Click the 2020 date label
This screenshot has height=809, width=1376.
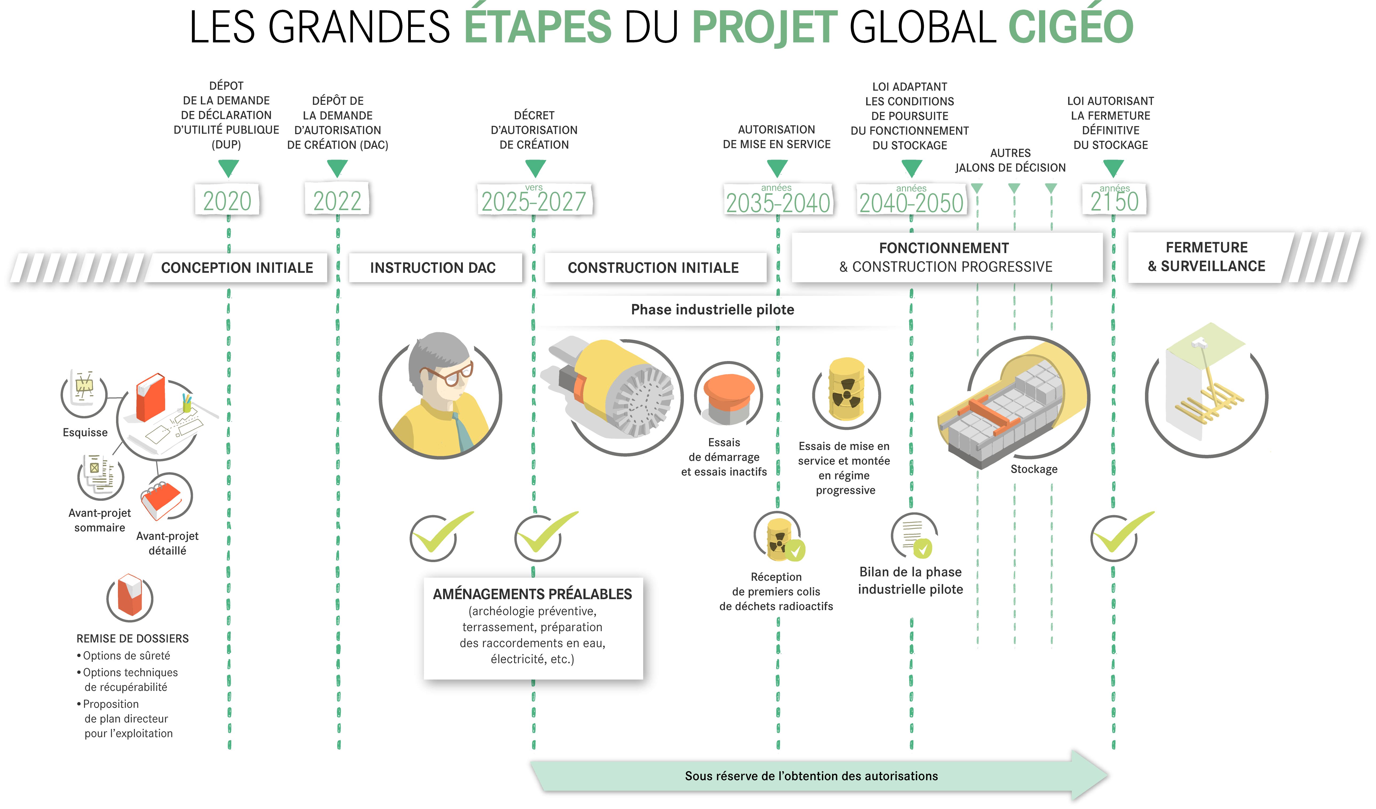click(x=227, y=200)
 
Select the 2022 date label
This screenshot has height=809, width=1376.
click(x=337, y=200)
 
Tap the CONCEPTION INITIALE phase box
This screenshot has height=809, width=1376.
click(x=237, y=267)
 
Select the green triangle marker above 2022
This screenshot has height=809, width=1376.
click(x=337, y=167)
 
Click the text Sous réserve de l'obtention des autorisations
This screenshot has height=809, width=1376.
click(x=812, y=776)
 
